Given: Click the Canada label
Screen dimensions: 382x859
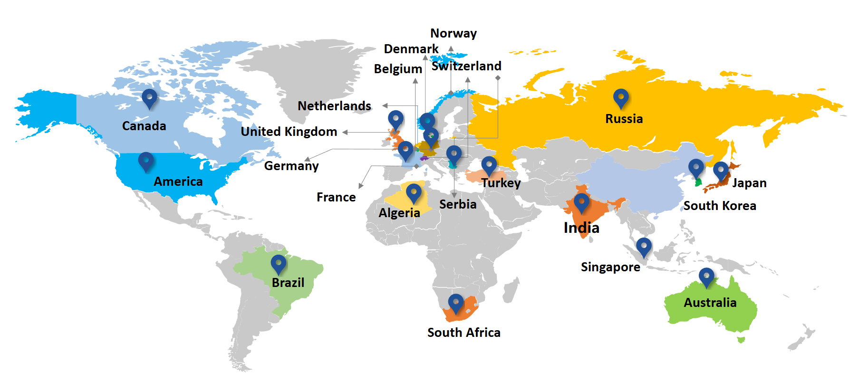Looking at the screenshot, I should [x=144, y=126].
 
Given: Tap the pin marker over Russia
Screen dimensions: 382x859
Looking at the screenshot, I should [x=620, y=98].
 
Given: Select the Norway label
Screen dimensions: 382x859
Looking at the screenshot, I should [x=454, y=33].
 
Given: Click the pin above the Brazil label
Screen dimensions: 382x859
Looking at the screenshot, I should [x=279, y=263].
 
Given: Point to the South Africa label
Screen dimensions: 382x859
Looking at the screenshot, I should [x=463, y=333].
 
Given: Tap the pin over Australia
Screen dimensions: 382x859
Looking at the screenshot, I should [x=706, y=276].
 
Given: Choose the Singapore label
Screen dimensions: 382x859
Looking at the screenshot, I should [x=610, y=267].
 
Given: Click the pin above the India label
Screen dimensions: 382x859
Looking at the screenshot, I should [x=581, y=202].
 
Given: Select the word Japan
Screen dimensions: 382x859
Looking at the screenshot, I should [x=749, y=183].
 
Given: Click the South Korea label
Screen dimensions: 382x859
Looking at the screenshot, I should [x=720, y=206].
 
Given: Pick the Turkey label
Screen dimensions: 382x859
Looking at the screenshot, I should [x=501, y=183].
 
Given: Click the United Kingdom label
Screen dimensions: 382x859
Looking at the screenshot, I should [x=289, y=132].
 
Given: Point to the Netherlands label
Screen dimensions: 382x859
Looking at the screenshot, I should [x=334, y=106].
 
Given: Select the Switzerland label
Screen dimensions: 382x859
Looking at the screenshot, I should [x=466, y=66].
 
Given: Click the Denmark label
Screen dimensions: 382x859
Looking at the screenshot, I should [x=411, y=49].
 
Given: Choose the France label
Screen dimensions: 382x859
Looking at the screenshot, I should [x=336, y=197].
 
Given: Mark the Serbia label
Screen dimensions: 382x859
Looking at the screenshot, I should [x=458, y=204].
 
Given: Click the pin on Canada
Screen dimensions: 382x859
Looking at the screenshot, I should [x=149, y=97].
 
